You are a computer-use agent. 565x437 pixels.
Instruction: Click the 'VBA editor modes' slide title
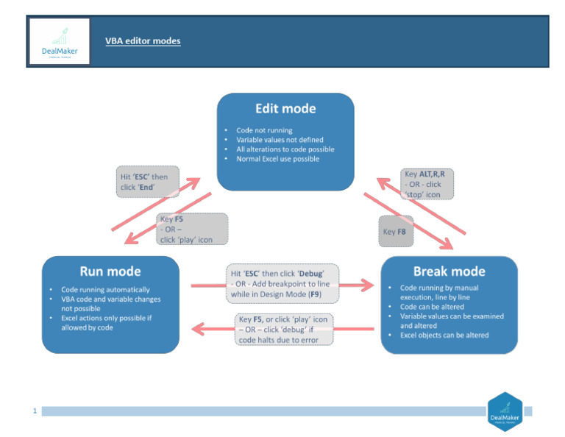[x=143, y=41]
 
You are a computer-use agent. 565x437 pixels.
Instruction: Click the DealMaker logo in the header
[x=60, y=41]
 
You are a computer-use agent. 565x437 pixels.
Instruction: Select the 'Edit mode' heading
[x=285, y=109]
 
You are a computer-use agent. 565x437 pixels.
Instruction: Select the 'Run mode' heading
[x=110, y=271]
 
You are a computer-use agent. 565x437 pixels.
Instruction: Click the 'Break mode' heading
[x=449, y=271]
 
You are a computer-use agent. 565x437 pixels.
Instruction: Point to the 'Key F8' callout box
[x=396, y=231]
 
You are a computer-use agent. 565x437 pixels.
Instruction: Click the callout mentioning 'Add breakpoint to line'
[x=282, y=283]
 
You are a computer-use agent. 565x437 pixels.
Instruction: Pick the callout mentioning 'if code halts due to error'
[x=283, y=330]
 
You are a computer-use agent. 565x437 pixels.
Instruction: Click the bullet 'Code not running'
[x=264, y=130]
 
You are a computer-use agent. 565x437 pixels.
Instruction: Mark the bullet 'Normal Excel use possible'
[x=277, y=159]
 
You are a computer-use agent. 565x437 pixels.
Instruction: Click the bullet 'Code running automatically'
[x=104, y=289]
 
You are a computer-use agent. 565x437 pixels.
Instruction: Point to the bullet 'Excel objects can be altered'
[x=444, y=335]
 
